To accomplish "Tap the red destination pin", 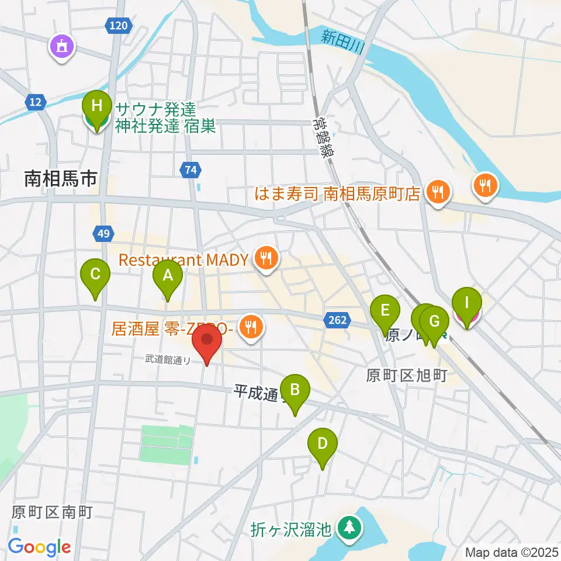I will pyautogui.click(x=207, y=344).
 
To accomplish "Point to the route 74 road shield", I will pyautogui.click(x=191, y=170).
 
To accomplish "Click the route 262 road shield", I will pyautogui.click(x=337, y=320).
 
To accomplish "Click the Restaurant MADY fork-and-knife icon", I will pyautogui.click(x=266, y=257).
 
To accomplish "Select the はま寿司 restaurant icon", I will pyautogui.click(x=437, y=191).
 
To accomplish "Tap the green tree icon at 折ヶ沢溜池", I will pyautogui.click(x=349, y=528).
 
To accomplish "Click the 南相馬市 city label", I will pyautogui.click(x=60, y=179).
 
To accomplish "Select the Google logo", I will pyautogui.click(x=39, y=547).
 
